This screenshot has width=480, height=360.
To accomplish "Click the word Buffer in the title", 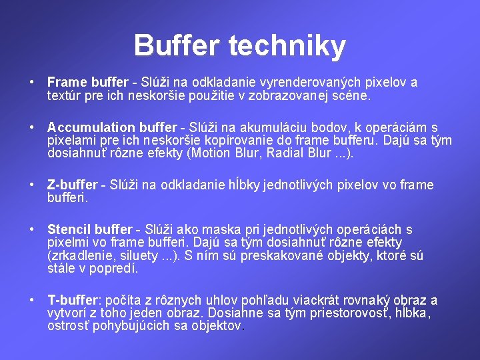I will pyautogui.click(x=177, y=45).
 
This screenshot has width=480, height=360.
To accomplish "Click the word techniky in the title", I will pyautogui.click(x=287, y=45).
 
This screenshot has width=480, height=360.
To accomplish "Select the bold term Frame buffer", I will pyautogui.click(x=87, y=83).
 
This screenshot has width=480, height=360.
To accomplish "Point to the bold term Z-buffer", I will pyautogui.click(x=73, y=185).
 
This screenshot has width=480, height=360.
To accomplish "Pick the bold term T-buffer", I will pyautogui.click(x=73, y=300).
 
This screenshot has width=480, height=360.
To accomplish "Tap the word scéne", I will pyautogui.click(x=354, y=95).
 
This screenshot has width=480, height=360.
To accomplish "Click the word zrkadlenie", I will pyautogui.click(x=81, y=256).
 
